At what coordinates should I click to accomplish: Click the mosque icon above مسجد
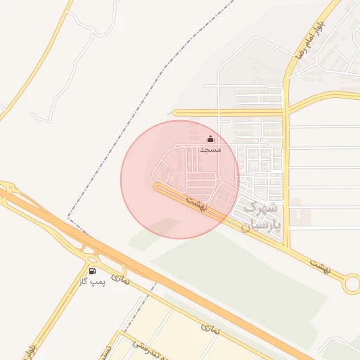pyautogui.click(x=210, y=139)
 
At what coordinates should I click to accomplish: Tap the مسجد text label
pyautogui.click(x=210, y=150)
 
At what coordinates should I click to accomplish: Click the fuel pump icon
pyautogui.click(x=92, y=271)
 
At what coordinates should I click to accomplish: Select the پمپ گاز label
pyautogui.click(x=93, y=281)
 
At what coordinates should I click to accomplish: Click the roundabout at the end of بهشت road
pyautogui.click(x=351, y=284)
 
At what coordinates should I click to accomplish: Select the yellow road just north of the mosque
pyautogui.click(x=232, y=112)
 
